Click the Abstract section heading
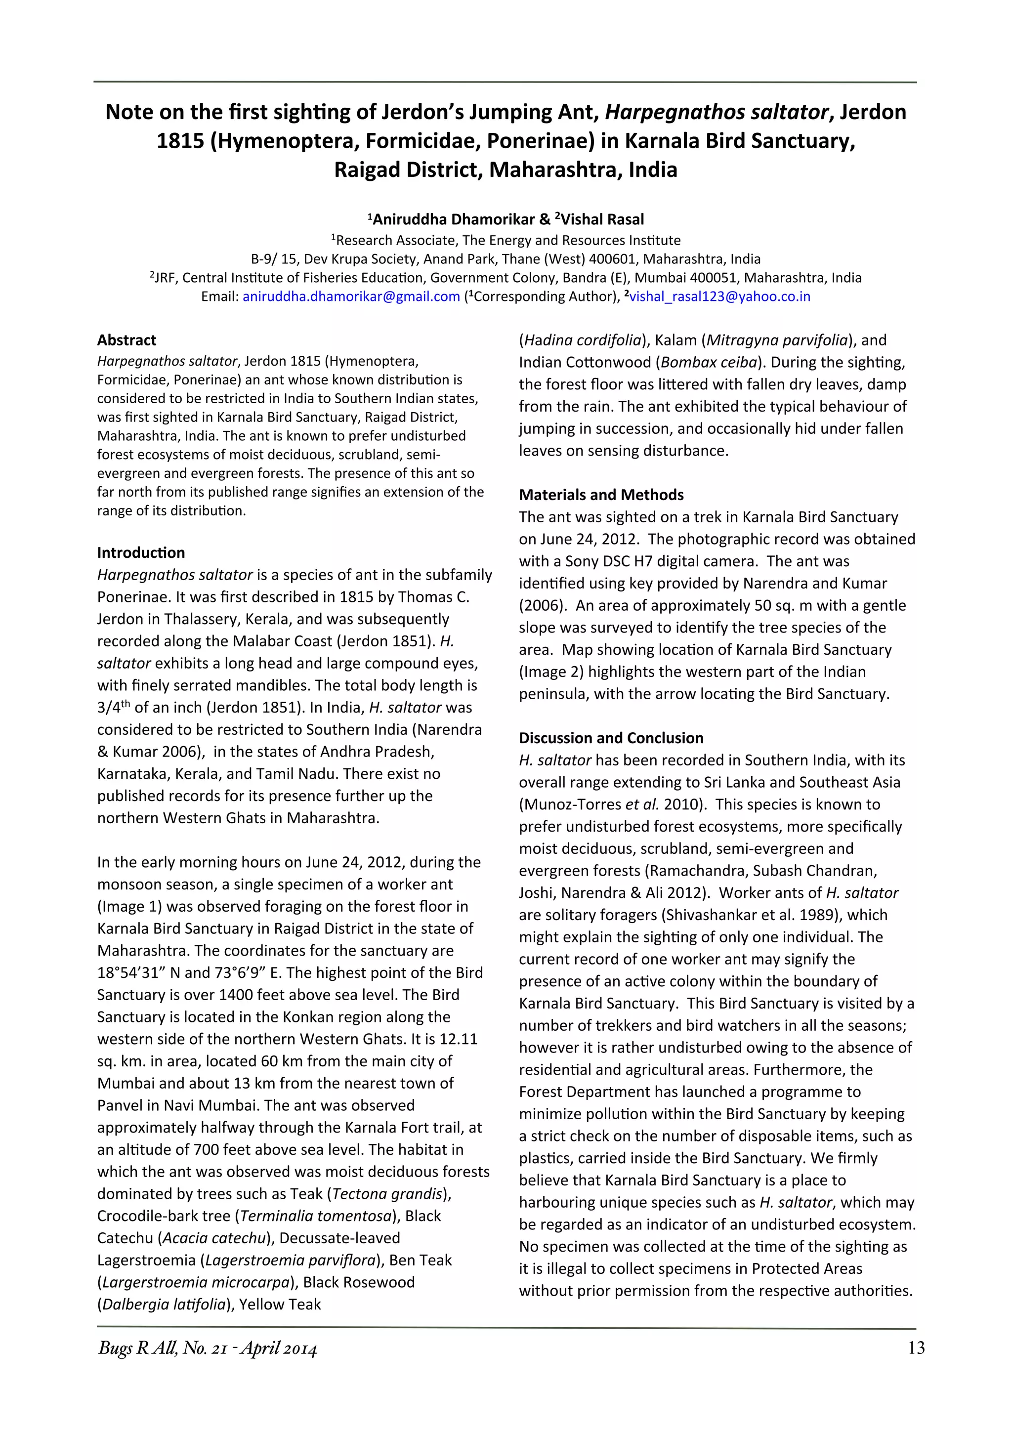[126, 340]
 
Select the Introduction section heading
[141, 552]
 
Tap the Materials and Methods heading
[601, 495]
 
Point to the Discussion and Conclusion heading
[611, 738]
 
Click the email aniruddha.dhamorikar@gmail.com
[351, 296]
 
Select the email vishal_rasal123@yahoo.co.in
[719, 296]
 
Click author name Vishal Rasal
[602, 219]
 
